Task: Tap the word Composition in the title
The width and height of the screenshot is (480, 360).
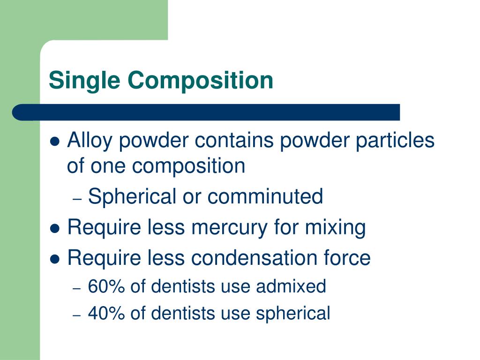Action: tap(200, 80)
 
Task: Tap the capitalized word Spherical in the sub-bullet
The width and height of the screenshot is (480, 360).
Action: tap(131, 196)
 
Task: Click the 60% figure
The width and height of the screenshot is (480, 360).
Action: tap(106, 286)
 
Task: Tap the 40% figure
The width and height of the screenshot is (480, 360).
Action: tap(106, 313)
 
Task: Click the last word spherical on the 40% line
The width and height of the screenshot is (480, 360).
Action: tap(293, 313)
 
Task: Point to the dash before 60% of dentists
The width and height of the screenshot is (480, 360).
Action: tap(78, 287)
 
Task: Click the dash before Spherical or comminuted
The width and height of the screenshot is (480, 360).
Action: tap(78, 198)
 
